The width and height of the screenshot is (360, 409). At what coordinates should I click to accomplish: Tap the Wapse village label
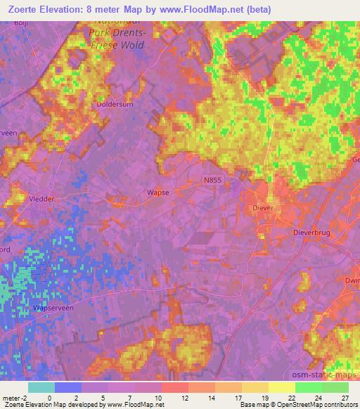tap(157, 192)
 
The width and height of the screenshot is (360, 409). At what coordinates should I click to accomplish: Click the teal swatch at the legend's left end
tap(41, 387)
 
